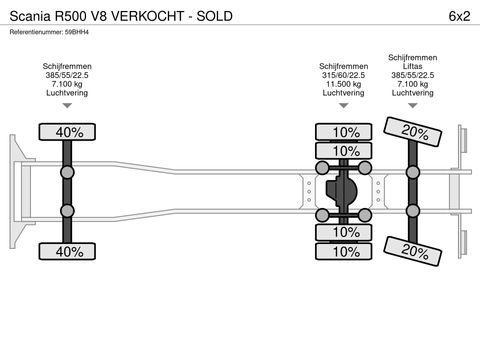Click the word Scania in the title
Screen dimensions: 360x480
[31, 14]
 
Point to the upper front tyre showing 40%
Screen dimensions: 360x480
[68, 131]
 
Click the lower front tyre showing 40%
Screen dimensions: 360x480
[68, 251]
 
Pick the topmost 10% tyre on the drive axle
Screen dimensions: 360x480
[345, 132]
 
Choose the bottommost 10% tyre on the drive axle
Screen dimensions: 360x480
[345, 251]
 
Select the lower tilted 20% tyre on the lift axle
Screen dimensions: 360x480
[411, 249]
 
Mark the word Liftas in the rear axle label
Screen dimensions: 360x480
[410, 64]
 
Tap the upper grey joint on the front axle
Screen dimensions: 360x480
[68, 171]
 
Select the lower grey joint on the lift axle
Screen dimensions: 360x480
[410, 210]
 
